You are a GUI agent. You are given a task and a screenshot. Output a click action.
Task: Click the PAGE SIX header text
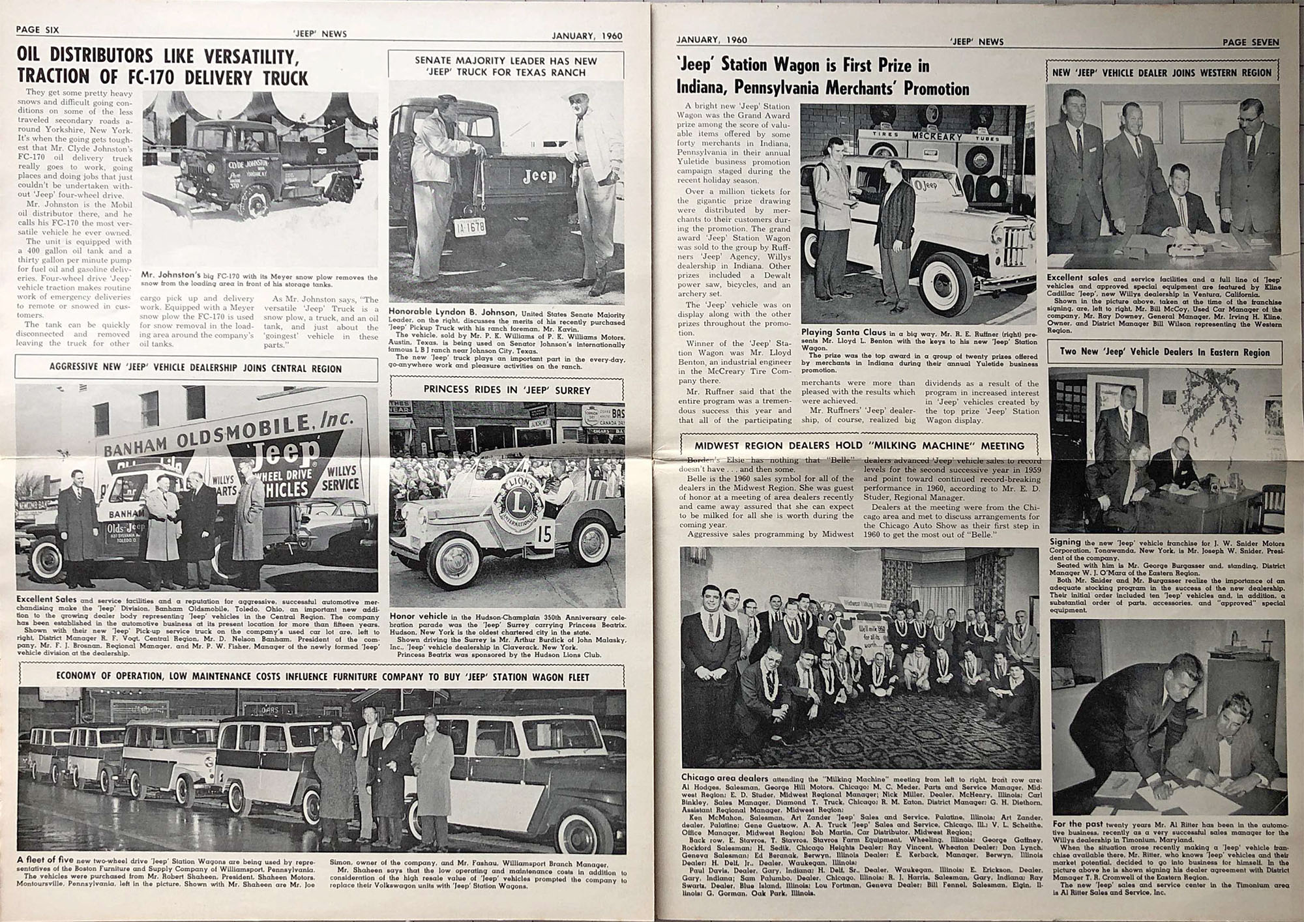pos(37,30)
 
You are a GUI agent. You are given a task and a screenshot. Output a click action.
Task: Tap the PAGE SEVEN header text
pos(1251,42)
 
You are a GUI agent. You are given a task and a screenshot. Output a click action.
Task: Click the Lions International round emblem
pos(516,509)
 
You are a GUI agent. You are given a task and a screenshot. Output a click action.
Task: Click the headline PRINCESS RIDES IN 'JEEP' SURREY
pos(507,390)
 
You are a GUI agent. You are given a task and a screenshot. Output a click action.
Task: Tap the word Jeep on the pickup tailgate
pos(539,176)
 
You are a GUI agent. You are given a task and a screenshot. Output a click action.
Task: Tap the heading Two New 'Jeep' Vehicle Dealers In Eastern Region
pos(1164,352)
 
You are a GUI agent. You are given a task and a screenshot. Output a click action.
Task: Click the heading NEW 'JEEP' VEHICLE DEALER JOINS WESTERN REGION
pos(1162,73)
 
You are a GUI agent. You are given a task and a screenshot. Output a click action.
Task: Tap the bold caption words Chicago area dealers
pos(724,777)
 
